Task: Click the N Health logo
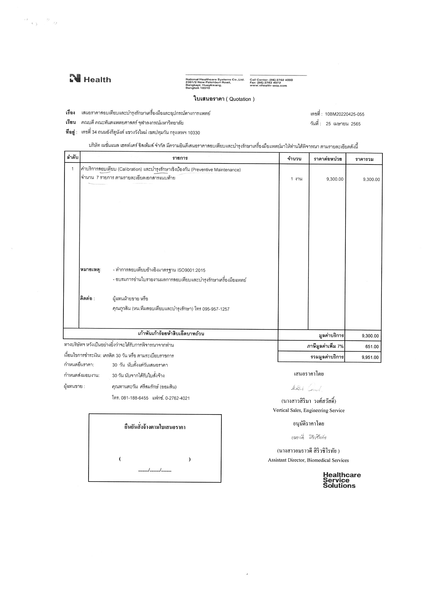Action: [x=90, y=79]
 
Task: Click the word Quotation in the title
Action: [x=240, y=99]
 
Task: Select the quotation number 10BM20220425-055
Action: [x=344, y=114]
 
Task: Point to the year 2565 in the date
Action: [x=356, y=124]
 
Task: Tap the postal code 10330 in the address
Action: [x=194, y=133]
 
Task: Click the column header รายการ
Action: [x=180, y=158]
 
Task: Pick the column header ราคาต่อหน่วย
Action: [x=328, y=159]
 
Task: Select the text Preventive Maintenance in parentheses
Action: [x=216, y=170]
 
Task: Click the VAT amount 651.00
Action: [x=372, y=347]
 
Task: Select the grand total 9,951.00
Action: [x=370, y=358]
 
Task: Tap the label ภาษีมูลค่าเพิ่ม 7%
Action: [x=325, y=346]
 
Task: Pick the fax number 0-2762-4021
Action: [x=177, y=398]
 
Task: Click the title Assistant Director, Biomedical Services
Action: [x=308, y=460]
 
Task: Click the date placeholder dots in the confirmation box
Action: [x=155, y=470]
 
